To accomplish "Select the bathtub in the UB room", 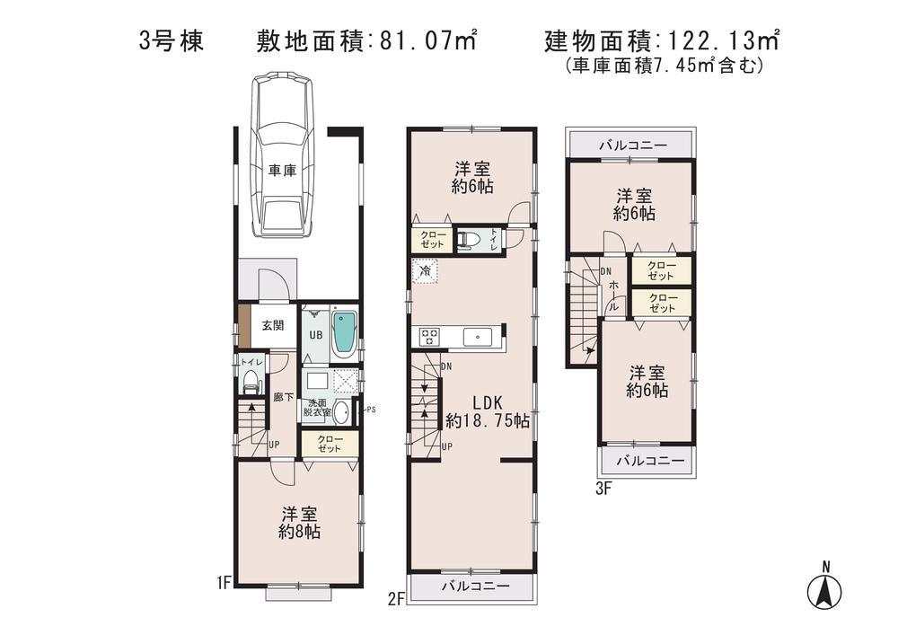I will tap(344, 332).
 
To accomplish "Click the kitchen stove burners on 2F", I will tap(428, 337).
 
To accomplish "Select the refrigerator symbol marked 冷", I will tap(424, 269).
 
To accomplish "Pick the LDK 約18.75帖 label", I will tap(487, 411).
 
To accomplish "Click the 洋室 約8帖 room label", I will tap(299, 523).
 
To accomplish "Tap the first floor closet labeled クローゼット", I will tap(329, 443).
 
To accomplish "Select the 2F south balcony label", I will tap(476, 586).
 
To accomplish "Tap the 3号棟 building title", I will tap(172, 40).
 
